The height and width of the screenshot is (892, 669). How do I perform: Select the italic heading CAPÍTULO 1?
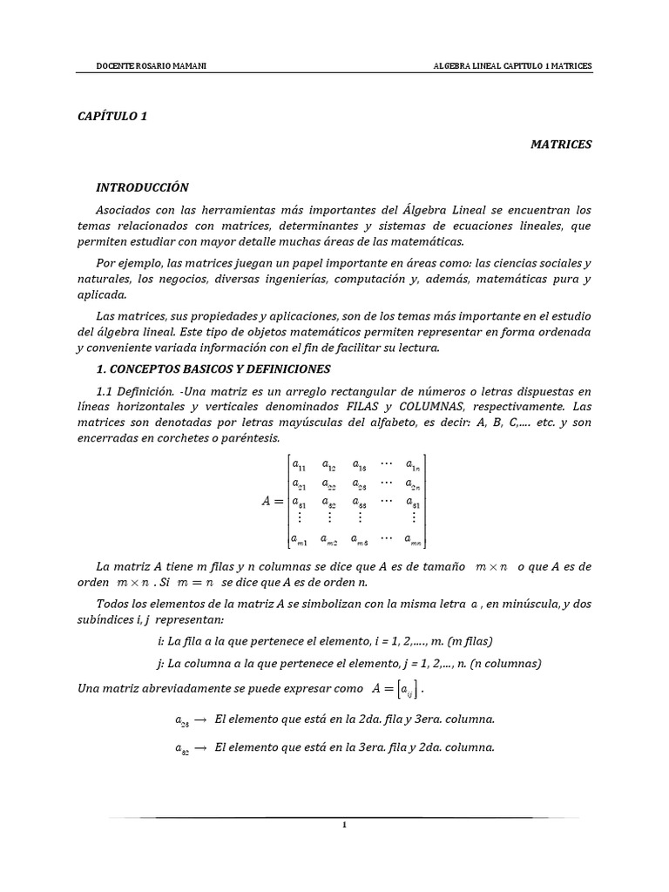pos(112,116)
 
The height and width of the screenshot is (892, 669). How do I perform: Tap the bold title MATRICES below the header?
pos(561,145)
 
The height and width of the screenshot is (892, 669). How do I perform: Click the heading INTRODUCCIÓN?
pos(142,187)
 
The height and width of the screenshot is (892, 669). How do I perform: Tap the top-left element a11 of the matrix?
pos(298,466)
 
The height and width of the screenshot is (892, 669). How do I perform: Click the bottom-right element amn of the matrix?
pos(415,541)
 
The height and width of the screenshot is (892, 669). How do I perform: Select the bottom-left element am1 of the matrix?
pos(298,541)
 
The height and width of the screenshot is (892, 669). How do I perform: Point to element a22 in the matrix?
pos(329,484)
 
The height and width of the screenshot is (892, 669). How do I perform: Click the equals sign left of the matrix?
pos(279,502)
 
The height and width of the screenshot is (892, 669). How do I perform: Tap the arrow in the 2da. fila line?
pos(199,720)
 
